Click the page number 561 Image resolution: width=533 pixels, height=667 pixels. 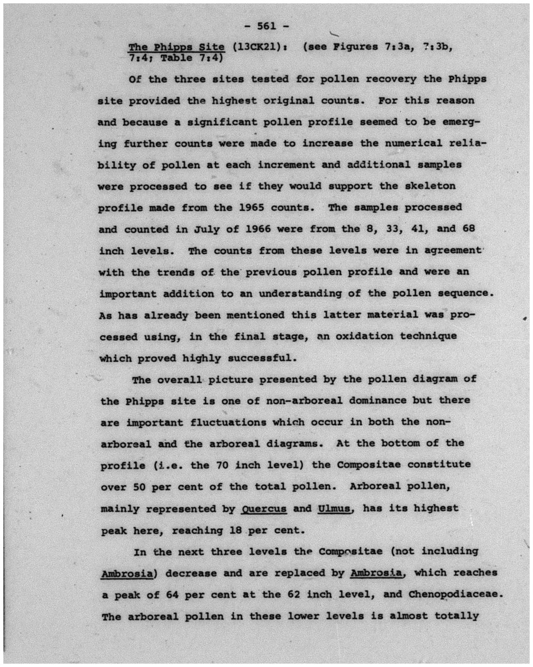[266, 26]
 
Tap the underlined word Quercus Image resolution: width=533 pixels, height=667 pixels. [264, 508]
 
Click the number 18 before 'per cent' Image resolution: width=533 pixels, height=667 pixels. [235, 530]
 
